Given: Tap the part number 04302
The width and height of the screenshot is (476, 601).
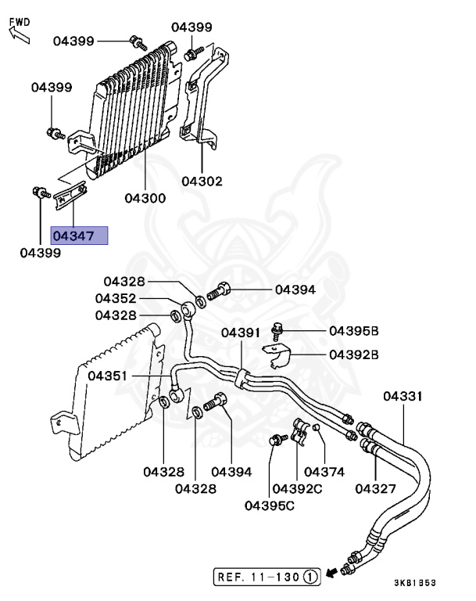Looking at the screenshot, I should tap(202, 182).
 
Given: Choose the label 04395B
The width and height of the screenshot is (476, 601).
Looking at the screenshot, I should tap(353, 331).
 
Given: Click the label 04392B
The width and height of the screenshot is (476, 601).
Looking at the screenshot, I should tap(353, 354).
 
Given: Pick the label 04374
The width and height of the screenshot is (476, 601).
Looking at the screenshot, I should tap(324, 472).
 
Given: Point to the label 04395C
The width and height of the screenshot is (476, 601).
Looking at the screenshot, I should tap(269, 506).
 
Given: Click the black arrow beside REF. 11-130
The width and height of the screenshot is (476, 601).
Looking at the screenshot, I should tap(334, 574).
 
